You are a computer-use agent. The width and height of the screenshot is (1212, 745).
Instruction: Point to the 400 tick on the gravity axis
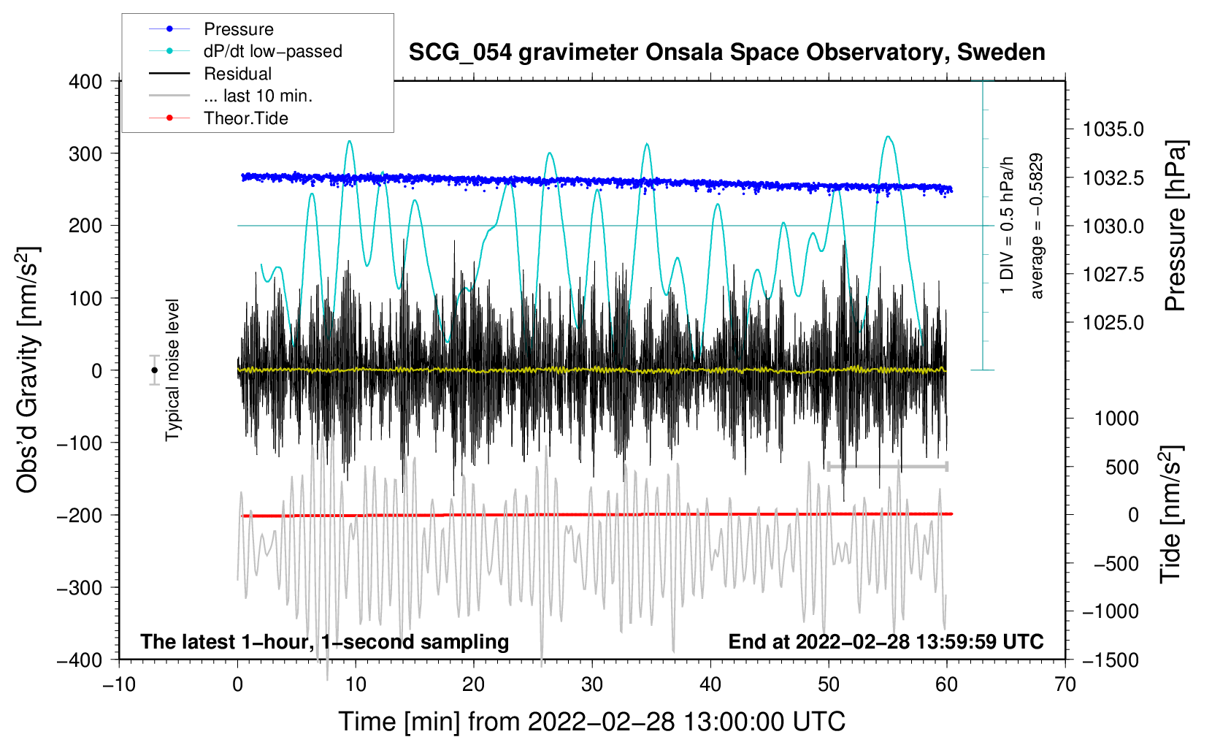[x=85, y=82]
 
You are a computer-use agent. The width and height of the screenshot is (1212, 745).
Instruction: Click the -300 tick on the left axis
[x=80, y=587]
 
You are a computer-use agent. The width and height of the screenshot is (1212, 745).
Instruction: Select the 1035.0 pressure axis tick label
[x=1113, y=129]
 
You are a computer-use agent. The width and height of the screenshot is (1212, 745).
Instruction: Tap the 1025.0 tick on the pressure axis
[x=1113, y=323]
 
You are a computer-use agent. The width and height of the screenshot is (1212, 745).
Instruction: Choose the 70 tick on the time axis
[x=1065, y=685]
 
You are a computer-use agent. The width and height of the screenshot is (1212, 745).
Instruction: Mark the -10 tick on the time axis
[x=119, y=685]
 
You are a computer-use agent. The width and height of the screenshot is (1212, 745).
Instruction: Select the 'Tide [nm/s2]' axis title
[x=1171, y=514]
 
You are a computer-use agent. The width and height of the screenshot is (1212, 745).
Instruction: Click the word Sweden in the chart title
[x=1001, y=53]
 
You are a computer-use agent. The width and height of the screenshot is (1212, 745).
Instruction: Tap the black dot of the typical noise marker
[x=155, y=370]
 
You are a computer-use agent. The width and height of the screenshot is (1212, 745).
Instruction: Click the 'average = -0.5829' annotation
[x=1036, y=226]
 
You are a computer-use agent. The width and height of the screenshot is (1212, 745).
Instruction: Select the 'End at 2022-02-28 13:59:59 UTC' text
[x=886, y=641]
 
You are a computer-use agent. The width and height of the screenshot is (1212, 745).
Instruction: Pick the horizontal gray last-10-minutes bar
[x=887, y=466]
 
